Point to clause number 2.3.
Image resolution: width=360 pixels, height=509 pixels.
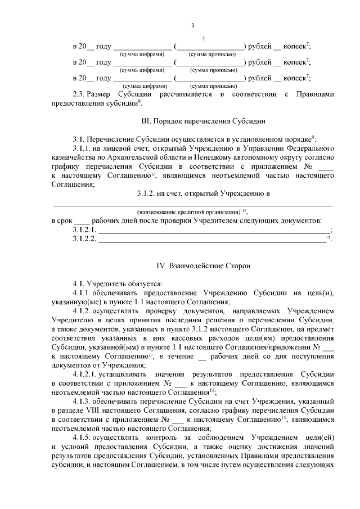(x=82, y=94)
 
